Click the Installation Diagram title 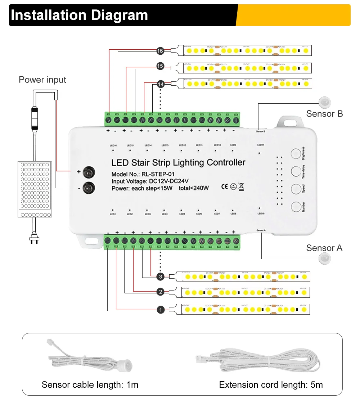tap(80, 15)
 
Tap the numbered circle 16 tap(160, 51)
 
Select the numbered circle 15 tap(160, 66)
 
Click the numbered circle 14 tap(161, 84)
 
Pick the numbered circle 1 tap(161, 309)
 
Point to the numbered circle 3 tap(161, 277)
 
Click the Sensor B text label tap(324, 114)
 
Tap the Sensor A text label tap(324, 248)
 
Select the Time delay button tap(296, 171)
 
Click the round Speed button tap(296, 189)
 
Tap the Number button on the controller tap(296, 207)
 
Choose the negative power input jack tap(88, 187)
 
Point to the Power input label tap(42, 80)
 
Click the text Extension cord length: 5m tap(271, 384)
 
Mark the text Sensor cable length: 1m tap(90, 384)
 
